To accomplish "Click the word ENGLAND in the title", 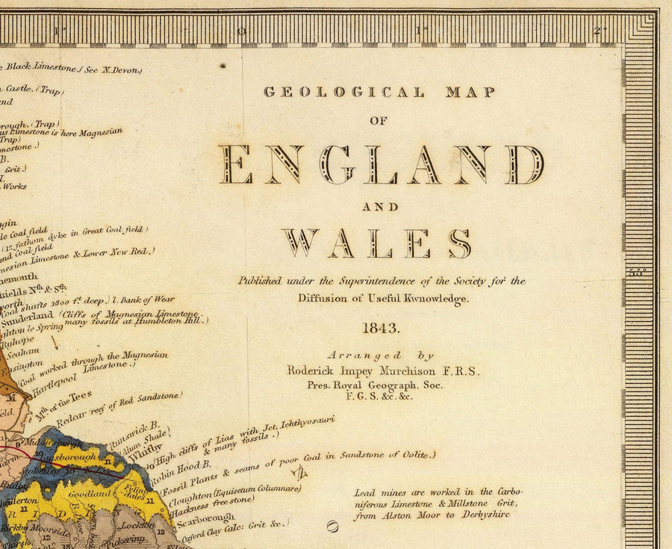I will (x=381, y=165).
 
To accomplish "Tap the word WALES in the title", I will (x=376, y=244).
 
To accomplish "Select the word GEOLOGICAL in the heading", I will (x=345, y=93).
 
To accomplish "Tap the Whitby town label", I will (x=145, y=452).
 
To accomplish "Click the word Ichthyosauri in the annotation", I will (x=298, y=423).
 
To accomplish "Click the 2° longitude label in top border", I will (x=597, y=31).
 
